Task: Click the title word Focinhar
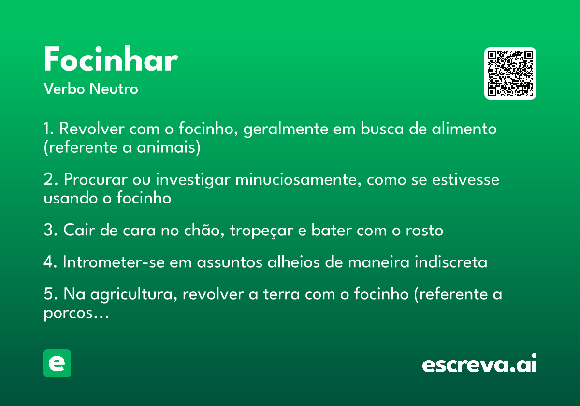[x=111, y=59]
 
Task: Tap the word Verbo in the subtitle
[x=64, y=88]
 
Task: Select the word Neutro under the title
[x=114, y=88]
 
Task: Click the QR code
[x=510, y=73]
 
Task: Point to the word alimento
[x=464, y=129]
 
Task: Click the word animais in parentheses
[x=169, y=147]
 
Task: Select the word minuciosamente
[x=298, y=179]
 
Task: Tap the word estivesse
[x=465, y=179]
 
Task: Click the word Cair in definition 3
[x=79, y=230]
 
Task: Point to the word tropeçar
[x=261, y=230]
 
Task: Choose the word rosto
[x=424, y=230]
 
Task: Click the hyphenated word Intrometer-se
[x=114, y=261]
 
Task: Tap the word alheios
[x=293, y=261]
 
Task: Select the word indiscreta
[x=451, y=261]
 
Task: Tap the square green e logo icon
[x=57, y=363]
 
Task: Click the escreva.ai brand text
[x=479, y=363]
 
